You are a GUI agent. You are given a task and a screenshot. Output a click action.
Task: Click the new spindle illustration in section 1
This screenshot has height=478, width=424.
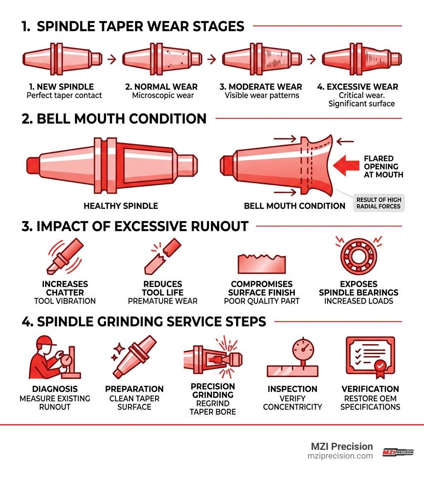(x=61, y=58)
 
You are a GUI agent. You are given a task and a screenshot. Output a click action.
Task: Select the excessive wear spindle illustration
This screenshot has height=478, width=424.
(x=361, y=58)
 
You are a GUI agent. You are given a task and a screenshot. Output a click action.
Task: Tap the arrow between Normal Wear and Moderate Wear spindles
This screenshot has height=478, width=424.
(x=211, y=59)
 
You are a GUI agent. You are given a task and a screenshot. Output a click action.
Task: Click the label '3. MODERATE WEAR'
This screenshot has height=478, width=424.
(x=261, y=87)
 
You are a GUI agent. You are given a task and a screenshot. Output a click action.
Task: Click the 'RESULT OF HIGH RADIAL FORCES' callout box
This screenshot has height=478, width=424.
(x=378, y=203)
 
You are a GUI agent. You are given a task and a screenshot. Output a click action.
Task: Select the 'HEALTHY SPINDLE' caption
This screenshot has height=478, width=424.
(x=121, y=206)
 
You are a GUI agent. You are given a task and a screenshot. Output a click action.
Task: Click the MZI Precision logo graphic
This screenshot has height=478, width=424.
(x=397, y=452)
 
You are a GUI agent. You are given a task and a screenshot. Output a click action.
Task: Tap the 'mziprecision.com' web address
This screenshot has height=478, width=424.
(x=340, y=456)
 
